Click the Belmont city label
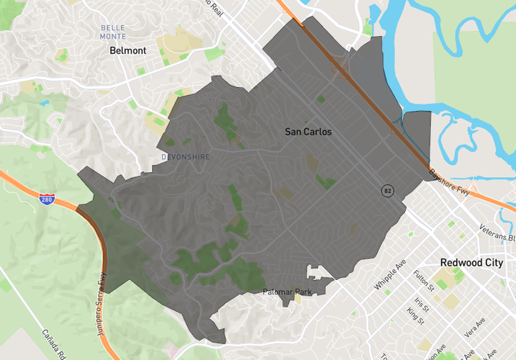coord(127,51)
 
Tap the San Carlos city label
coord(308,132)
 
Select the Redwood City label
coord(471,263)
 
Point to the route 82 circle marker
coord(388,190)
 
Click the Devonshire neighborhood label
coord(185,156)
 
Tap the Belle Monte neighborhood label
coord(113,32)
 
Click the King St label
coord(415,315)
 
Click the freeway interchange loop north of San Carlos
coord(339,68)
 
